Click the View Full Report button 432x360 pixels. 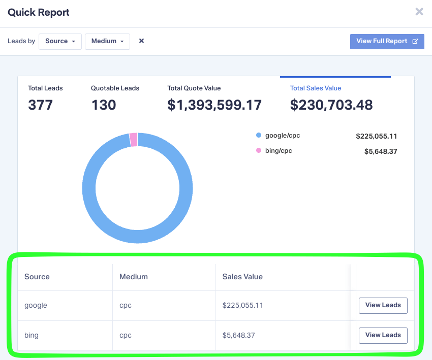pos(387,41)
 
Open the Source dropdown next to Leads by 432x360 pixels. pos(60,41)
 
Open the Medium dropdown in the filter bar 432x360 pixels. pos(107,41)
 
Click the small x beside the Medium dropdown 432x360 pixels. pos(142,41)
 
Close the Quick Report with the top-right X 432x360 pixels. pos(419,12)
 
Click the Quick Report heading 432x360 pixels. pos(39,12)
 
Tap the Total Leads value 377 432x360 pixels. pos(41,105)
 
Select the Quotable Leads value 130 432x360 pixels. pos(104,105)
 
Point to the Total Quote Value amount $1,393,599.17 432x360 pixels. pos(214,105)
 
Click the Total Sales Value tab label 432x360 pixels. pos(316,88)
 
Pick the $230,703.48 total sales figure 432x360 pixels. pos(331,105)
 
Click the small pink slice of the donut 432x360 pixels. pos(134,140)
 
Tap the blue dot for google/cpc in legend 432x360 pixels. pos(259,136)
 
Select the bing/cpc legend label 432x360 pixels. pos(279,151)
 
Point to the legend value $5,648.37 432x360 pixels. pos(381,151)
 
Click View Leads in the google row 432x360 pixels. pos(383,305)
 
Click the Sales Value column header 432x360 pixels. pos(242,277)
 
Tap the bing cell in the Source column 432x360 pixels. pos(32,335)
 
